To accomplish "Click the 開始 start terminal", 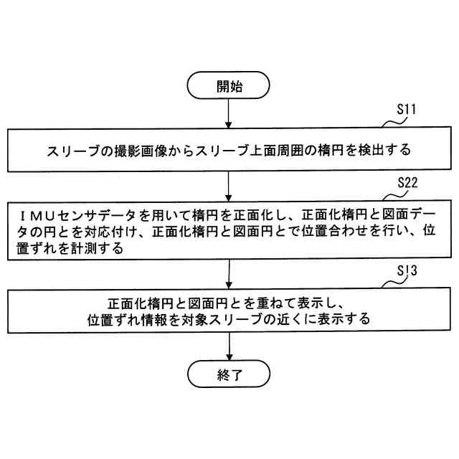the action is [x=229, y=87].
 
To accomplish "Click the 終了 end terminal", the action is [x=229, y=374].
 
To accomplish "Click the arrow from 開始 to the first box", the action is [x=229, y=114].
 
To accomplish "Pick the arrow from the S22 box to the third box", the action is [x=229, y=273].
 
